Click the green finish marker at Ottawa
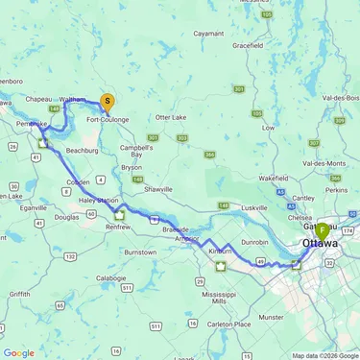321,231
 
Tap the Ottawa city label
320,244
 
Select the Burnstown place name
139,252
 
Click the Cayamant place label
207,33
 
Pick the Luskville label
254,206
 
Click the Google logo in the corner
18,352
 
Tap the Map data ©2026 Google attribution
324,355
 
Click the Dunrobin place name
253,243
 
